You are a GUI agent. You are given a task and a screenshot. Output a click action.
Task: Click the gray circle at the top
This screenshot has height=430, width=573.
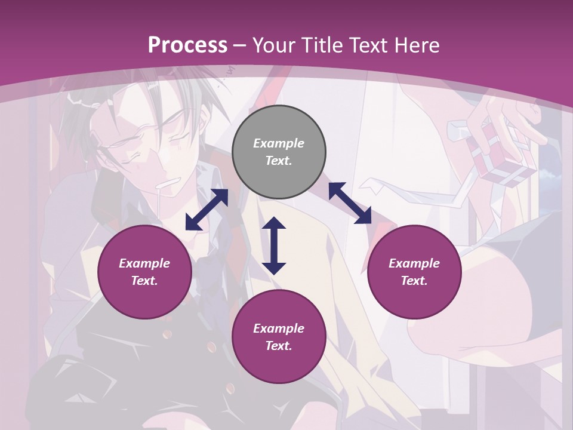279,152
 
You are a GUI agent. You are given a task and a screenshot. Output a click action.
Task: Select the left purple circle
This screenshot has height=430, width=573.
144,272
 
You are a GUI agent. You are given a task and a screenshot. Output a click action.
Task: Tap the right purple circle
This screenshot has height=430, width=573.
414,272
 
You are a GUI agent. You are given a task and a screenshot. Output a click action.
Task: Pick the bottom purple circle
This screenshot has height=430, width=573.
279,337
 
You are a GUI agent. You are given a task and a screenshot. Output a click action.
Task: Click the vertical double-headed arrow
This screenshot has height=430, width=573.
274,245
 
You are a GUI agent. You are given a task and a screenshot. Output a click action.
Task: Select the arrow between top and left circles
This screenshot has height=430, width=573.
207,210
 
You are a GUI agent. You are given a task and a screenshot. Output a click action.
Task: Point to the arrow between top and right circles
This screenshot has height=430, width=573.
350,203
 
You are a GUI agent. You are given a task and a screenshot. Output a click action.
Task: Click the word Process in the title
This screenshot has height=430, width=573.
187,45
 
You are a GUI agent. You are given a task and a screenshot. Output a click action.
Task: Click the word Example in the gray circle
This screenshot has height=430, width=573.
279,143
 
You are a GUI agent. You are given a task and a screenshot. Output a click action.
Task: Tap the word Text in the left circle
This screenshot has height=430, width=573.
144,281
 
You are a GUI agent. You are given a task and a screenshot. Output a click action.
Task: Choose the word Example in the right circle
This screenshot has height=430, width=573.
414,263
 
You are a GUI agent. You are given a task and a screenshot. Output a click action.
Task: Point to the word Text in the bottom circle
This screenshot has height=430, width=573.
279,346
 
